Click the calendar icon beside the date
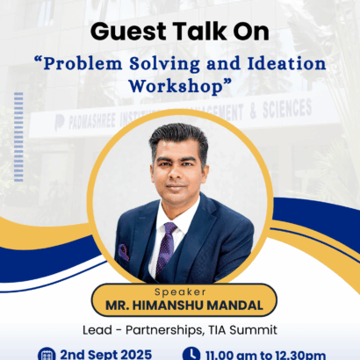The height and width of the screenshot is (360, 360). click(48, 354)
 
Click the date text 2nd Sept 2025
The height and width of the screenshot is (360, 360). click(105, 354)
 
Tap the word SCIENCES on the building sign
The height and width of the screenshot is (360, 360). click(283, 108)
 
